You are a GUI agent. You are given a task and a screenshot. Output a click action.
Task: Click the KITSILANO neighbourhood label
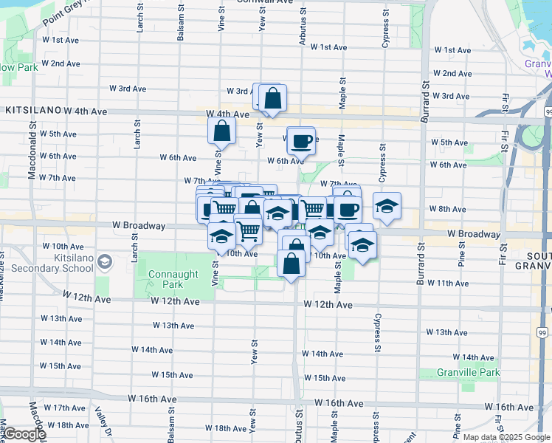click(x=32, y=110)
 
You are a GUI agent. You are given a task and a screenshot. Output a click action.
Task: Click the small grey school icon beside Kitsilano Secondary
click(x=106, y=261)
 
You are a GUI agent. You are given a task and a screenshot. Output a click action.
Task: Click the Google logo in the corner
click(x=24, y=435)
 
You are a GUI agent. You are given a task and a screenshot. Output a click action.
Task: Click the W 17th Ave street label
click(x=64, y=408)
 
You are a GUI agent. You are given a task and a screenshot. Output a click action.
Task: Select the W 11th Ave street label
click(x=448, y=283)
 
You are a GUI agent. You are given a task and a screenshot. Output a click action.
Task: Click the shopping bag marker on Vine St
click(x=222, y=131)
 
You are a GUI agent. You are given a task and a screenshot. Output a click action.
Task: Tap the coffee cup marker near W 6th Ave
click(x=300, y=140)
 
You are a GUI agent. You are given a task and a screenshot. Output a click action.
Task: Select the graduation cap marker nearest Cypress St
click(x=386, y=207)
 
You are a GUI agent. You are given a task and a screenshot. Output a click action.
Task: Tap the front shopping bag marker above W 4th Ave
click(x=272, y=97)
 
